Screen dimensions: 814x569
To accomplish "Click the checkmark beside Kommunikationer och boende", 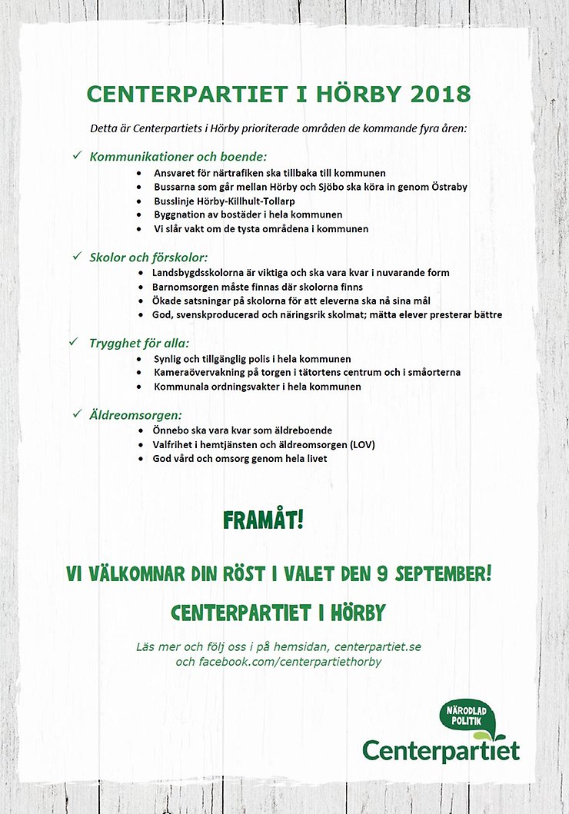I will [x=77, y=155].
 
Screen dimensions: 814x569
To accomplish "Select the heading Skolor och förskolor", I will [x=149, y=257].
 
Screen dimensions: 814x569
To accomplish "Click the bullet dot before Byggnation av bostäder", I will [x=138, y=215].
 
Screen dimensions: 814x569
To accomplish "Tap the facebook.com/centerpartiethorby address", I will [x=289, y=661].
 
